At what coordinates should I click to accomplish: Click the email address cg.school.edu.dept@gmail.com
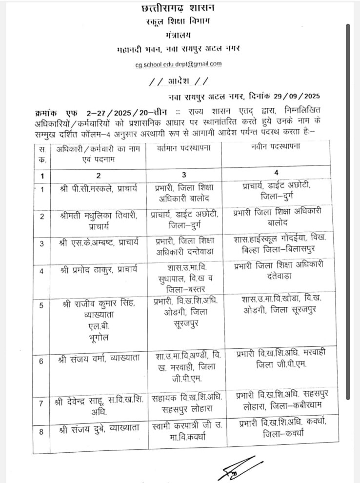179,63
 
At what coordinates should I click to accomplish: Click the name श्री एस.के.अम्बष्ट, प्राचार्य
99,242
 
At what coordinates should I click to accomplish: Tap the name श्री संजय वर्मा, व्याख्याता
99,359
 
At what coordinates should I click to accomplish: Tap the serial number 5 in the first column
41,305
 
